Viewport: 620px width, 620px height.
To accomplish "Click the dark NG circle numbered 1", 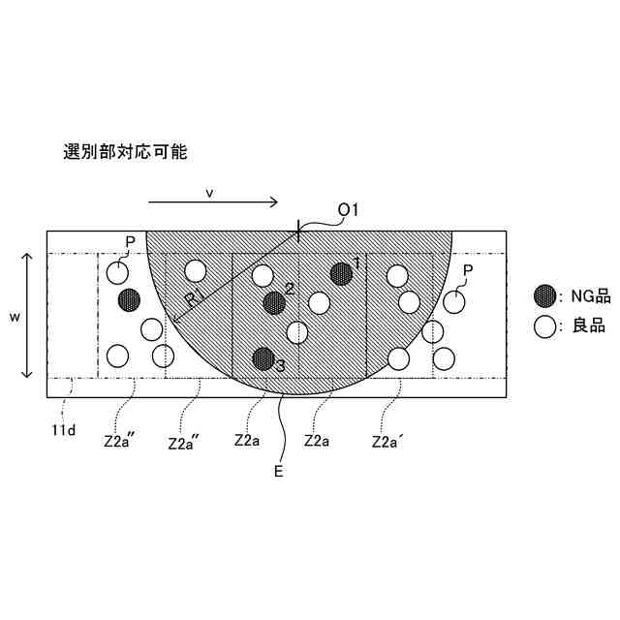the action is pos(341,274).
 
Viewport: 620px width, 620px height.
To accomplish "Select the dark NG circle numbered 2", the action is pos(274,302).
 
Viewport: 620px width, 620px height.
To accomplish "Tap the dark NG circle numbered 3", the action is pos(263,358).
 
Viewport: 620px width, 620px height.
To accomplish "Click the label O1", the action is pos(349,209).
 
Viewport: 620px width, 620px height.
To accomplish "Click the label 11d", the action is pos(64,427).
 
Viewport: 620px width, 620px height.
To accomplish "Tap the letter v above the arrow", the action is pos(209,193).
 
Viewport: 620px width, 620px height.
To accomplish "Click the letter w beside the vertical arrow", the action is pos(14,316).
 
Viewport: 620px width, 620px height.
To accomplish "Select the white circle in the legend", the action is pos(546,325).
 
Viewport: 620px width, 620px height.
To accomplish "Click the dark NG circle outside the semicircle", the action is pos(128,300).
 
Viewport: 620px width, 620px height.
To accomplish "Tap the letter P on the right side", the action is pos(468,270).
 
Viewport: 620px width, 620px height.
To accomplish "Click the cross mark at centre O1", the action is pos(298,231).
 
